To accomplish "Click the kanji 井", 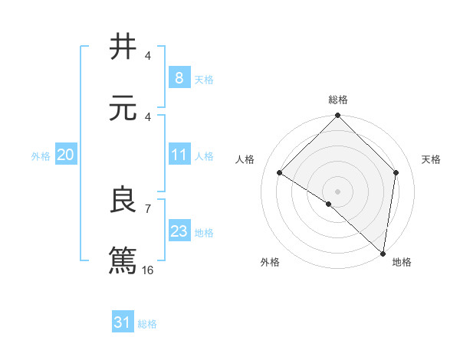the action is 123,47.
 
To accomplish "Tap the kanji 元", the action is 123,108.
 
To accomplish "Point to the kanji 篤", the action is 123,260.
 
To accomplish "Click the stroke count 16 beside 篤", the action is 148,270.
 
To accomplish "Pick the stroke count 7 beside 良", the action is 147,208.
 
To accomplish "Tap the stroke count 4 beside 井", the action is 147,56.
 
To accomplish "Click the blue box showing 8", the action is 179,77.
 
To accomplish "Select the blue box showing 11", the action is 179,155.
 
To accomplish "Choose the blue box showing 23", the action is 179,231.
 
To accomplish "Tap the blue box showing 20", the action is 65,155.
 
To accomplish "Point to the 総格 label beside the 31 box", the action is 147,324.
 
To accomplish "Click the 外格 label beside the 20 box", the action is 41,156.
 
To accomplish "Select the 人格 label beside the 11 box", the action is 204,156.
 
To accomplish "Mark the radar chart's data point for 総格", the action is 337,116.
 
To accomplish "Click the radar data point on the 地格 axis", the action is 383,254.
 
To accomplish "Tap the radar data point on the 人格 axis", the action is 280,173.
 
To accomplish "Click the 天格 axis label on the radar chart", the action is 432,159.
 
